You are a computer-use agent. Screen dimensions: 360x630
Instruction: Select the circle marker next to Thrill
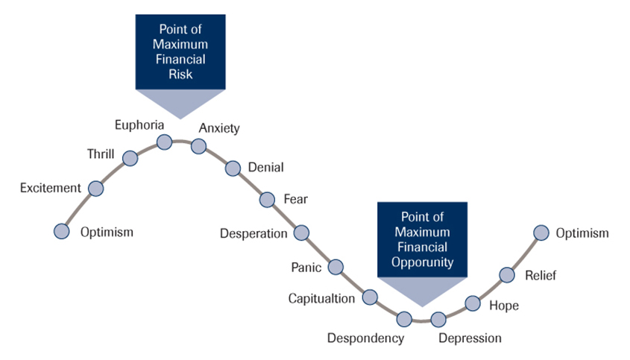point(130,158)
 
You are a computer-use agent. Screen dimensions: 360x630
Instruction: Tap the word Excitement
point(50,188)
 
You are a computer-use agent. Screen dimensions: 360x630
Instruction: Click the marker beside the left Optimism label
point(62,231)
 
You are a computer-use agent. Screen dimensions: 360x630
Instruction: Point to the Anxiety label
point(219,128)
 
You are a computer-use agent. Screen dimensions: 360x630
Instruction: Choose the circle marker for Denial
point(233,168)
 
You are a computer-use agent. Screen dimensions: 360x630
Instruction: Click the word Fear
point(295,199)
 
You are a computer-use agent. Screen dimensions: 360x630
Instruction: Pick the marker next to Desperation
point(301,233)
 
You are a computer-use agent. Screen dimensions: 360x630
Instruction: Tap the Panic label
point(306,267)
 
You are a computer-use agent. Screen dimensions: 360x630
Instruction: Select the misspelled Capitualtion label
point(322,299)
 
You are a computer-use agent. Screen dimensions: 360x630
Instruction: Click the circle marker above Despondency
point(404,319)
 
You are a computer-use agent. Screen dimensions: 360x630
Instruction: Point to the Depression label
point(470,338)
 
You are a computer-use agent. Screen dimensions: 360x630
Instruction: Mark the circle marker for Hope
point(473,303)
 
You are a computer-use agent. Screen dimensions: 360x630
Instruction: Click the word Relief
point(541,275)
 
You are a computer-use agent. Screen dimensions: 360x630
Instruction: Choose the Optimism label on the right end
point(582,233)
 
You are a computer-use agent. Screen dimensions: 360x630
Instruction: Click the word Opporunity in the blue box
point(423,262)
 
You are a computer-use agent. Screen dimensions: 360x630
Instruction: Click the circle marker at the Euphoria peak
point(164,142)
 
